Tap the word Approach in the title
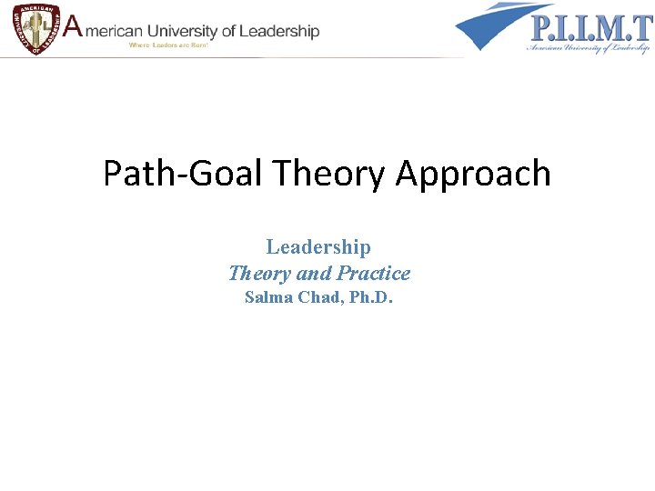point(473,173)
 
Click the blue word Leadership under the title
point(318,246)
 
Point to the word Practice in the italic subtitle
point(373,273)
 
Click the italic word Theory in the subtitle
point(259,273)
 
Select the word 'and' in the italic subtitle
point(314,273)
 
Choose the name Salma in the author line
point(269,297)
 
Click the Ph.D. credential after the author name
point(369,297)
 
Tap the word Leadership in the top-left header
point(277,32)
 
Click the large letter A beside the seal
point(70,29)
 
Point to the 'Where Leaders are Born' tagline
point(169,45)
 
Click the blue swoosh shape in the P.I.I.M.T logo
point(491,25)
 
